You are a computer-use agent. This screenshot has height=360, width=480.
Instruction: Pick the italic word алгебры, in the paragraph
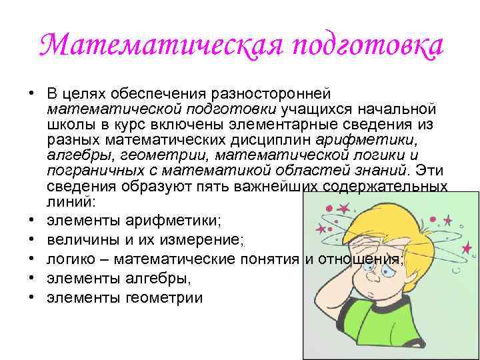click(x=73, y=156)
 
